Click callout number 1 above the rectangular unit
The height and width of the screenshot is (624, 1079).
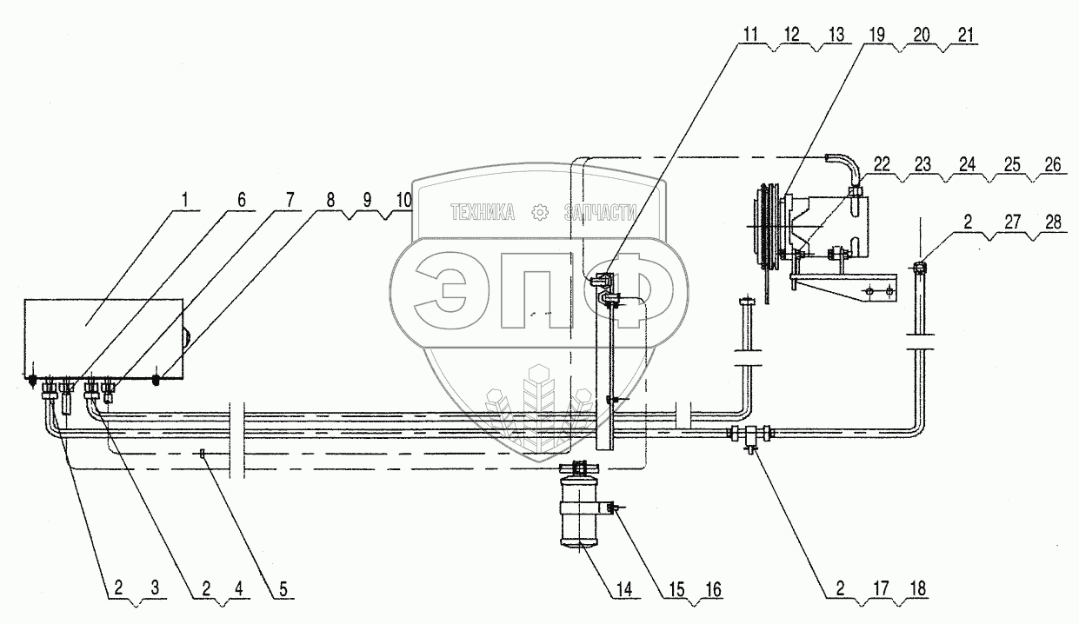click(x=185, y=199)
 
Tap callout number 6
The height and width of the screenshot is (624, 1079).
click(x=242, y=200)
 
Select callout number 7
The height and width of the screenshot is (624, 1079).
click(x=290, y=200)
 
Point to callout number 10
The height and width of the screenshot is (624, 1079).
click(x=404, y=200)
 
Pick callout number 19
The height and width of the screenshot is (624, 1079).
click(x=876, y=35)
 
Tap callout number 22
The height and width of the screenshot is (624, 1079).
click(x=882, y=164)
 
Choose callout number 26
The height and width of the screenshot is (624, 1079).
click(x=1053, y=164)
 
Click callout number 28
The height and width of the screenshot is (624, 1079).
click(x=1054, y=222)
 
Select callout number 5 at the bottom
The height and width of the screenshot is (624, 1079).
click(x=283, y=589)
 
